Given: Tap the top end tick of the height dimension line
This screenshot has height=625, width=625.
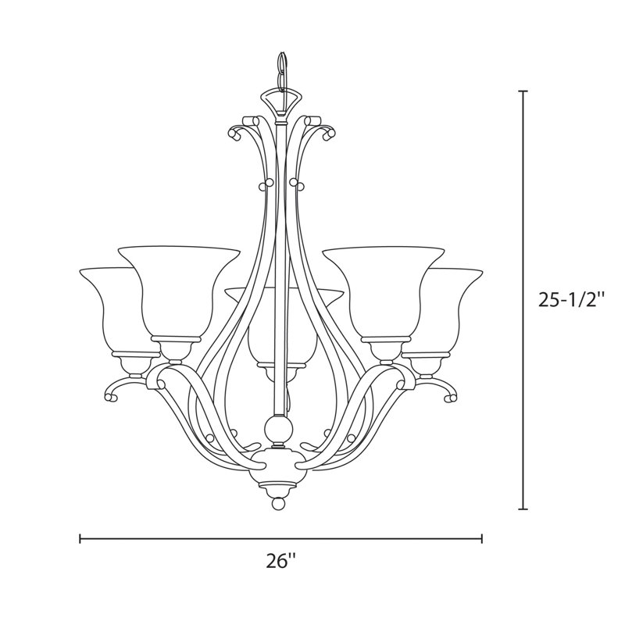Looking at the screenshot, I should pyautogui.click(x=523, y=91).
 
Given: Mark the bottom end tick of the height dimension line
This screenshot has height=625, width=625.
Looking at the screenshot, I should pyautogui.click(x=523, y=509).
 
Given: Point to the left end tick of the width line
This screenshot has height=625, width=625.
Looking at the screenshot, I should pyautogui.click(x=80, y=538).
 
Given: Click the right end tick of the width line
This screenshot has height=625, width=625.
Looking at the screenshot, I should pyautogui.click(x=482, y=538).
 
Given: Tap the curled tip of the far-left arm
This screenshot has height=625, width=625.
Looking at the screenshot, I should pyautogui.click(x=112, y=398).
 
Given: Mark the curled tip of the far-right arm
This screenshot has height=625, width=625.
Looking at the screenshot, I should pyautogui.click(x=451, y=398).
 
